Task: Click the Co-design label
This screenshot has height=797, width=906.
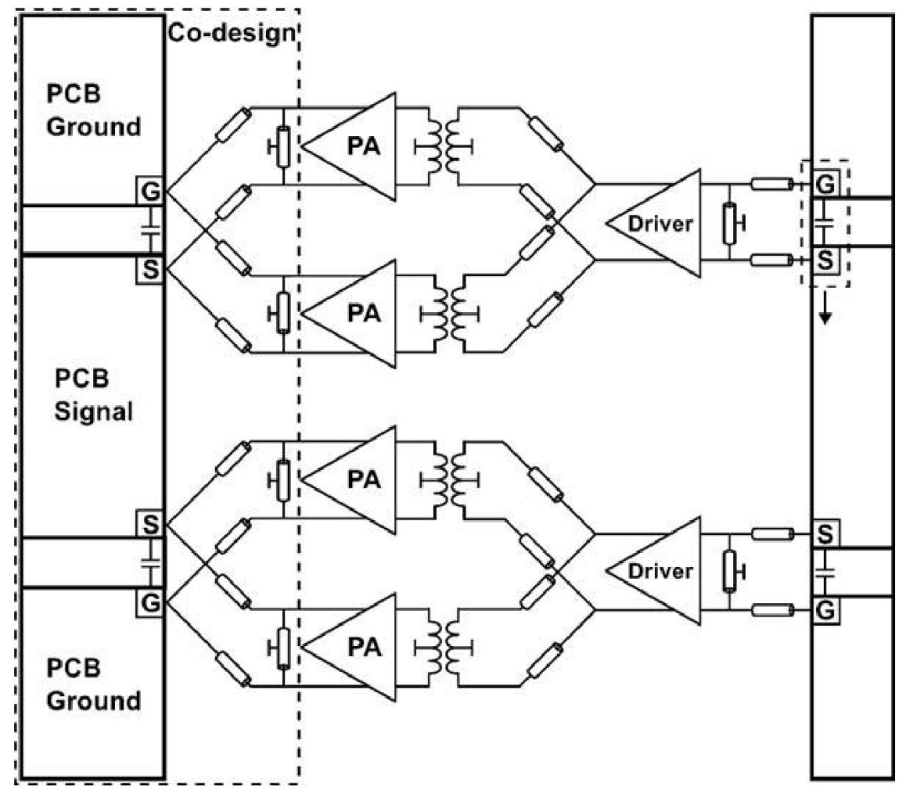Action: point(232,33)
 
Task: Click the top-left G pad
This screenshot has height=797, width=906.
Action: point(150,190)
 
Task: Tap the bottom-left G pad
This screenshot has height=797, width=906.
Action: point(150,603)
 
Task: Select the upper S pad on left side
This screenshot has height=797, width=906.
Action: point(150,269)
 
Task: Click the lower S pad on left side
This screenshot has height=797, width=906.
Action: point(150,524)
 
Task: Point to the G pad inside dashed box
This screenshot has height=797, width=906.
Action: point(825,185)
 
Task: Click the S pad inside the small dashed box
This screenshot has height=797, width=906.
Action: point(825,261)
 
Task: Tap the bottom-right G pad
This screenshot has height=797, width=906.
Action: point(825,610)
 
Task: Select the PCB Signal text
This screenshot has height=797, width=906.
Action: point(94,395)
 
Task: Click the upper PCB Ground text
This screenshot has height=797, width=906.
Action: point(93,111)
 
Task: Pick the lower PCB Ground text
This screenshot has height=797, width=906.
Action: point(93,685)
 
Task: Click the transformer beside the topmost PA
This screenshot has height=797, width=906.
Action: point(444,147)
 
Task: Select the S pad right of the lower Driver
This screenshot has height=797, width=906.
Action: point(825,534)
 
